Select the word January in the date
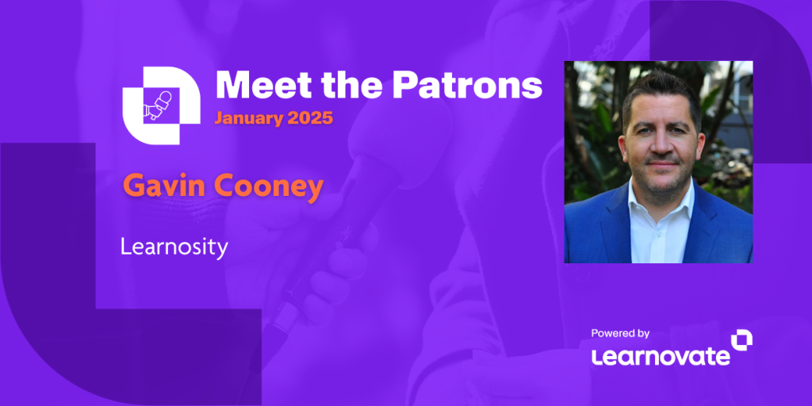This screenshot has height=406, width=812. pyautogui.click(x=247, y=119)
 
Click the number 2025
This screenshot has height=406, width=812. pyautogui.click(x=310, y=119)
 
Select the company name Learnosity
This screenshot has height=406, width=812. pyautogui.click(x=174, y=247)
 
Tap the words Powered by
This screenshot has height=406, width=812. pyautogui.click(x=620, y=333)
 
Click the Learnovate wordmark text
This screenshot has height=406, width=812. pyautogui.click(x=660, y=356)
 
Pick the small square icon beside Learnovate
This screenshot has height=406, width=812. pyautogui.click(x=741, y=340)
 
